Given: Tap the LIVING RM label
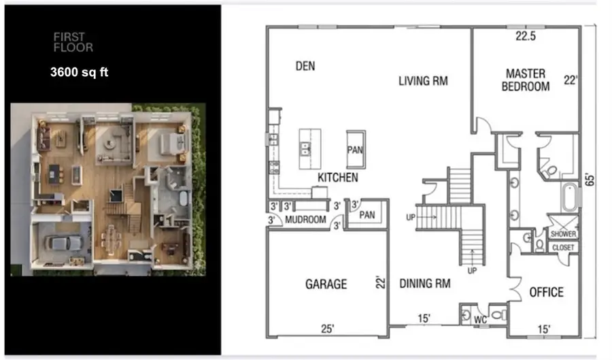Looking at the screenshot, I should click(x=423, y=81).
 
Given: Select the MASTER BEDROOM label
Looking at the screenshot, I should click(x=526, y=80).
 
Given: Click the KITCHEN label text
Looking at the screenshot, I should click(x=338, y=178).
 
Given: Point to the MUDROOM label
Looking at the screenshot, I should click(x=303, y=220).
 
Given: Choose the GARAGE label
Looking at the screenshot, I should click(x=326, y=284).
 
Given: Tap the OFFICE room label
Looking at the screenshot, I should click(x=546, y=292).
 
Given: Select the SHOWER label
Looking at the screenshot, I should click(x=564, y=233).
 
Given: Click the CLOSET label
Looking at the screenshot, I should click(x=564, y=248).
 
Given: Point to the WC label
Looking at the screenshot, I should click(x=481, y=318).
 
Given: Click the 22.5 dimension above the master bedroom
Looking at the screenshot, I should click(x=525, y=37).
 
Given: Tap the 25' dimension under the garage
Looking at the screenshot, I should click(x=328, y=329).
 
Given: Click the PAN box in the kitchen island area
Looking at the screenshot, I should click(x=354, y=149).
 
